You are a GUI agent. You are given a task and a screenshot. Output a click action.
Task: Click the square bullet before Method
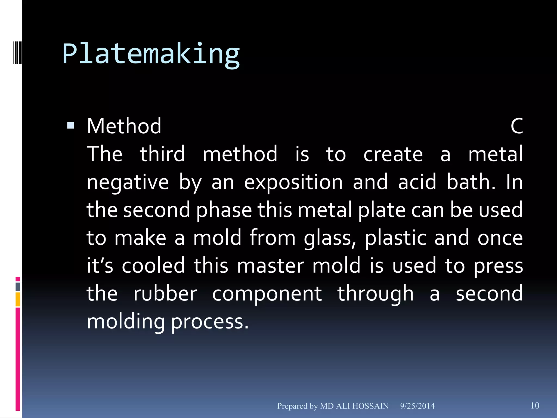coord(70,125)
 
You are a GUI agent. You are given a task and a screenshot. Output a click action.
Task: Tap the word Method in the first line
coord(124,126)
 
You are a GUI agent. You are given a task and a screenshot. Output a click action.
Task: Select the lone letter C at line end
coord(516,126)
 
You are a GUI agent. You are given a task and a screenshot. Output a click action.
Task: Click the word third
coord(162,154)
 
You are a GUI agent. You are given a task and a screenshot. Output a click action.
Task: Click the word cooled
coord(153,266)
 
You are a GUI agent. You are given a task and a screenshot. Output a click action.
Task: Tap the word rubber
coord(165,294)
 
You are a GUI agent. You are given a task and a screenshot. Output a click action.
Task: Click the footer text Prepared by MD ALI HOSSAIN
coord(333,406)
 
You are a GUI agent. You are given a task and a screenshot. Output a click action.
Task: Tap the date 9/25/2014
coord(417,406)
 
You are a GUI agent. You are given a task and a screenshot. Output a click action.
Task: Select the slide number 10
coord(535,405)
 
